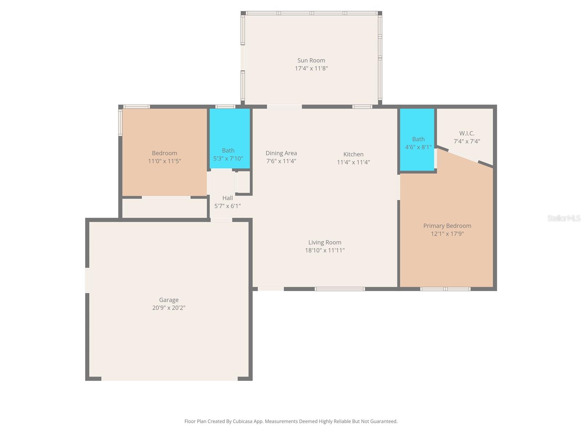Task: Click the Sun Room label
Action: click(311, 60)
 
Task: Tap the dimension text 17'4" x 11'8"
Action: click(311, 68)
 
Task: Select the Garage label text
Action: click(169, 300)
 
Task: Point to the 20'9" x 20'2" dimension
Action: click(169, 308)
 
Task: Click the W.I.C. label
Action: click(467, 133)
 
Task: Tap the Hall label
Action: click(227, 198)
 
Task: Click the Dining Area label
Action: click(281, 153)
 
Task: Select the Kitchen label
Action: click(353, 154)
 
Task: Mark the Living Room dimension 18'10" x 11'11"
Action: click(324, 250)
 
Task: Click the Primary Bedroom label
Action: click(447, 226)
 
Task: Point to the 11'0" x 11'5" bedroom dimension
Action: click(164, 161)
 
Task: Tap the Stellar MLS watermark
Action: click(563, 218)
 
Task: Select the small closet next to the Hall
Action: click(244, 182)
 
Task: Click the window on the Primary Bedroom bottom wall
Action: click(445, 289)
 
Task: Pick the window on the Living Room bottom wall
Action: click(339, 289)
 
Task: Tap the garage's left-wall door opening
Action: click(87, 280)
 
